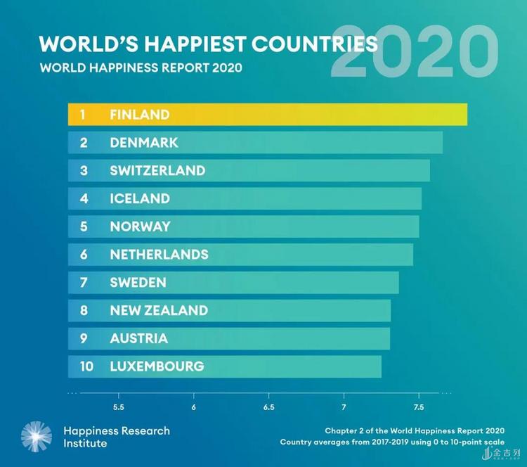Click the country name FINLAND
(x=139, y=115)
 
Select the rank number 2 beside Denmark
(x=83, y=143)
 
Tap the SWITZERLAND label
(x=157, y=171)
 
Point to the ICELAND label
(x=139, y=199)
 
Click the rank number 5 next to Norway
(x=83, y=226)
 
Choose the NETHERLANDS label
(x=159, y=255)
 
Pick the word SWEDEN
(x=138, y=283)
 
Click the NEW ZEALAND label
(x=159, y=310)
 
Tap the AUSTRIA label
(x=138, y=338)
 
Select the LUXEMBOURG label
(x=157, y=366)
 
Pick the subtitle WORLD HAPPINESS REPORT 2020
(x=141, y=69)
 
